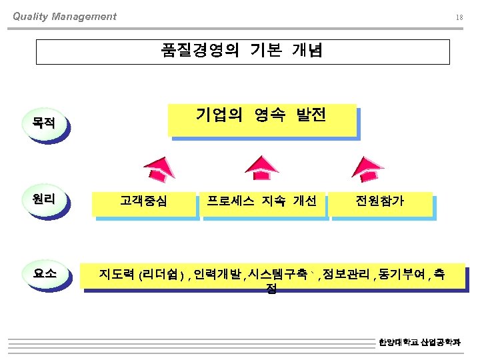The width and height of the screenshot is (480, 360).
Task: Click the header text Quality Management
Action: (64, 17)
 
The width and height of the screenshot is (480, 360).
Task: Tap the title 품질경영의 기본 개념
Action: (242, 51)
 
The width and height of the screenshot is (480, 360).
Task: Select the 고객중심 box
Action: (144, 201)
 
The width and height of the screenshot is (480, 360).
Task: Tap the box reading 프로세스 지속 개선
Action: (261, 201)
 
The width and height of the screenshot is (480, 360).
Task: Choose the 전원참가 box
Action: (380, 201)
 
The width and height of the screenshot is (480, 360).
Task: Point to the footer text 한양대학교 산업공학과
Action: (419, 343)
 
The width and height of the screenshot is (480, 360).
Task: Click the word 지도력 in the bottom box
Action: (117, 273)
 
